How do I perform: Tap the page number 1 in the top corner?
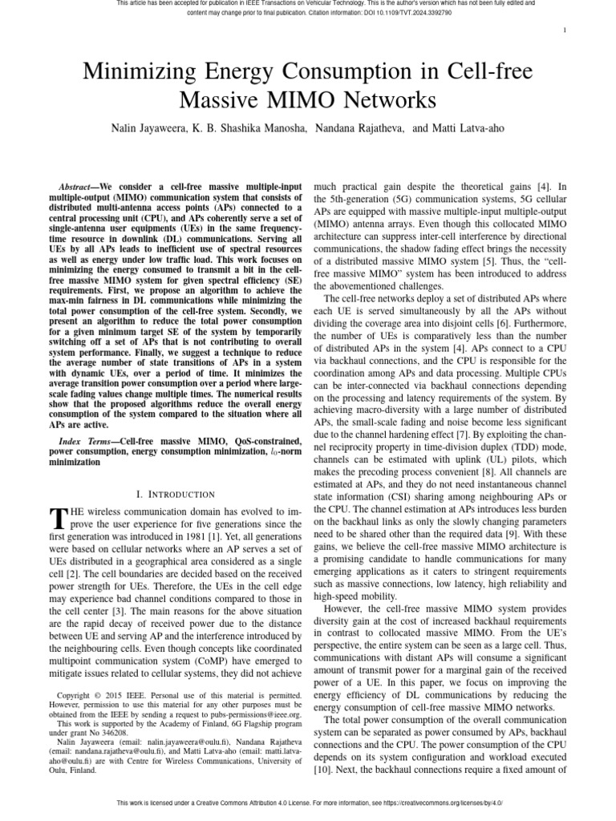pos(566,30)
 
